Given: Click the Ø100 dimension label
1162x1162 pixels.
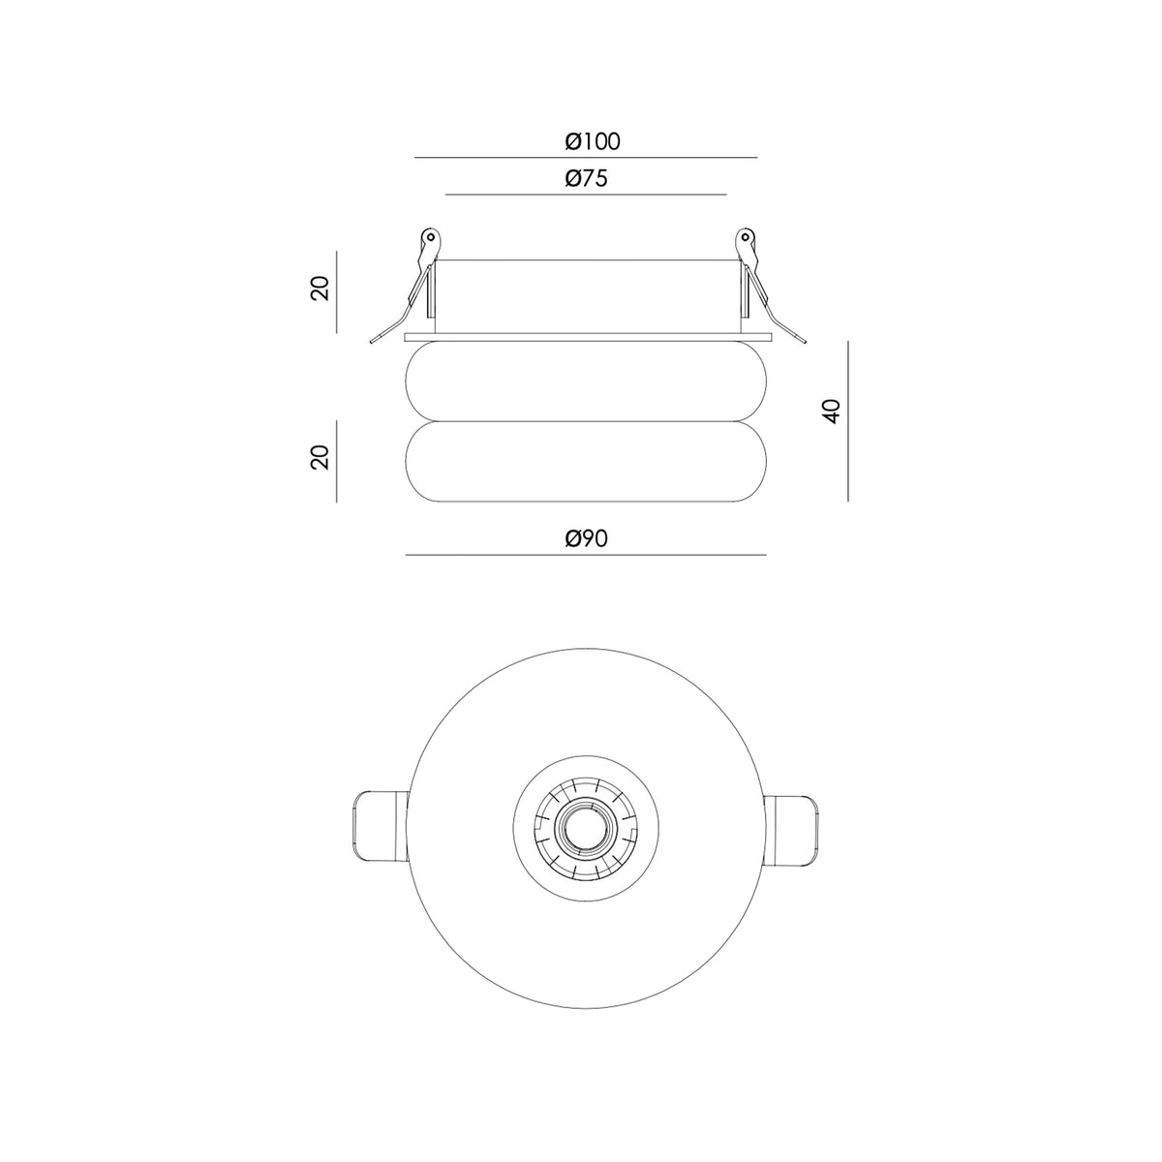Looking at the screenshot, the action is (x=593, y=141).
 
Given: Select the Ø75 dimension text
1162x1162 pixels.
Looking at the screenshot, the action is (x=586, y=178).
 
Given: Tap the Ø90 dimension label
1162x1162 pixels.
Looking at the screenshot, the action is (x=586, y=537).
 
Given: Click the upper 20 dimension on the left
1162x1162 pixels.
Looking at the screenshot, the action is (x=321, y=289).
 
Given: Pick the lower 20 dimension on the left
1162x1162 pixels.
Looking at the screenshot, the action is (x=321, y=457).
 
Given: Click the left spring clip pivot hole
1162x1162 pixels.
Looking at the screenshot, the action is (x=431, y=236).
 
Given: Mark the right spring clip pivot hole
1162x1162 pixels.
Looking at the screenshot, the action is (x=744, y=236).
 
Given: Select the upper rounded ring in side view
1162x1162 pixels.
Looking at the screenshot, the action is (x=586, y=382).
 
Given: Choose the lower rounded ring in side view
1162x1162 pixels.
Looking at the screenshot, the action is (x=586, y=461).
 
